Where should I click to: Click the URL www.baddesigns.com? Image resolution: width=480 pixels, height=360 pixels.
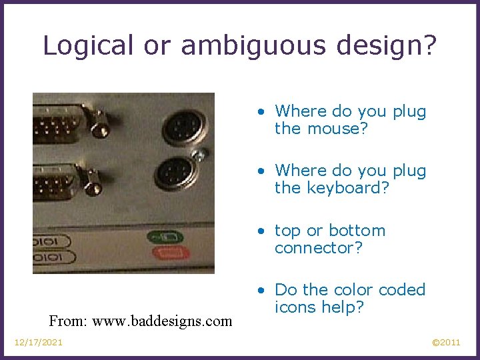[x=162, y=321]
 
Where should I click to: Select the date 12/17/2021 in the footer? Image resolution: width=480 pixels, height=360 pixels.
[x=39, y=343]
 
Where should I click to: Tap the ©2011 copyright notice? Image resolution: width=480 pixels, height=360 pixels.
[x=446, y=343]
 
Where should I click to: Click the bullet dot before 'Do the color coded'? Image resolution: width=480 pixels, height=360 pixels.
[x=265, y=291]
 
